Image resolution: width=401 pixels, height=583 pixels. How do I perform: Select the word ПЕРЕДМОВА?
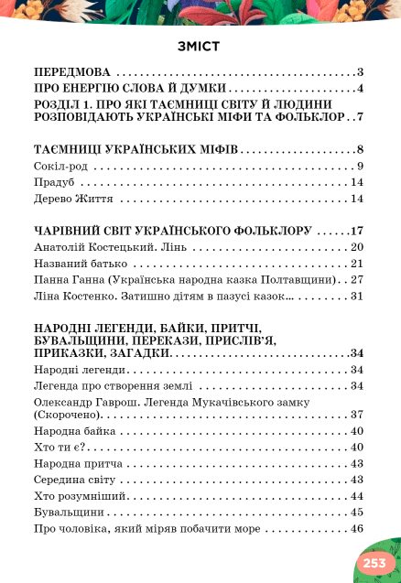coord(71,71)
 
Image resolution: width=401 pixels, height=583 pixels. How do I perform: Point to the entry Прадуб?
coord(52,182)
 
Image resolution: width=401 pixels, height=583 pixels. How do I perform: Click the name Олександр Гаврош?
coord(86,402)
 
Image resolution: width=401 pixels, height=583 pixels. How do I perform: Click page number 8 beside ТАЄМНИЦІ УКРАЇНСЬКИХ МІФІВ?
coord(362,149)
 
